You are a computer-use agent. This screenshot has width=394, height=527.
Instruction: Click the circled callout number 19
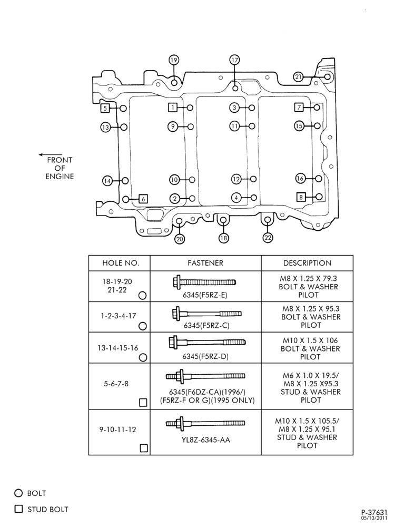click(173, 60)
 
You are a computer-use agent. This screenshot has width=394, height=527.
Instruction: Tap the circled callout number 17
click(234, 60)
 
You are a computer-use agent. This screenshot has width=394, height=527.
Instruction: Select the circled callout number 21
click(298, 77)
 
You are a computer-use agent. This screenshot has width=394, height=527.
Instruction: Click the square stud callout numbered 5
click(105, 108)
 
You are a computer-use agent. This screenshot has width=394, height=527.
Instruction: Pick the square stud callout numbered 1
click(173, 108)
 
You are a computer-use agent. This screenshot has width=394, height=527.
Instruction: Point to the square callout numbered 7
click(299, 107)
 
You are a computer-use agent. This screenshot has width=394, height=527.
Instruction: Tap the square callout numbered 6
click(143, 199)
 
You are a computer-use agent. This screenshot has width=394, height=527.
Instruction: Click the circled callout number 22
click(268, 238)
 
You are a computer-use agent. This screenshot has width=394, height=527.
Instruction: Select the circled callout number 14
click(107, 181)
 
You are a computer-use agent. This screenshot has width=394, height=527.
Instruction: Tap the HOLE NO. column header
click(121, 263)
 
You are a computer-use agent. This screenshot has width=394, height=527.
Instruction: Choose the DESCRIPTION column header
click(307, 263)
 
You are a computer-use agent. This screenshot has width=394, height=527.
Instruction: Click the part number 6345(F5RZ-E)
click(205, 295)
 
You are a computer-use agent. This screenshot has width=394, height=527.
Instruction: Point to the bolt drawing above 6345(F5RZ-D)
click(207, 343)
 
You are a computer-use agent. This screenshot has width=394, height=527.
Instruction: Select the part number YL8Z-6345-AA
click(206, 440)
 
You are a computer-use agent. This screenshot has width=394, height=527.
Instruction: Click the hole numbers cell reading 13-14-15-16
click(118, 348)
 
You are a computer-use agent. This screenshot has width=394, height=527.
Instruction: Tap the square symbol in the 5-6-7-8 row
click(143, 402)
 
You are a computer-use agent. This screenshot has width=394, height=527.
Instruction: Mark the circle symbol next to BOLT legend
click(18, 493)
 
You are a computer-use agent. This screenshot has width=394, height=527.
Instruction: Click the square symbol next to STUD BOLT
click(18, 509)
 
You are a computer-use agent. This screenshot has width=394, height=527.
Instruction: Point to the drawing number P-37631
click(374, 513)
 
